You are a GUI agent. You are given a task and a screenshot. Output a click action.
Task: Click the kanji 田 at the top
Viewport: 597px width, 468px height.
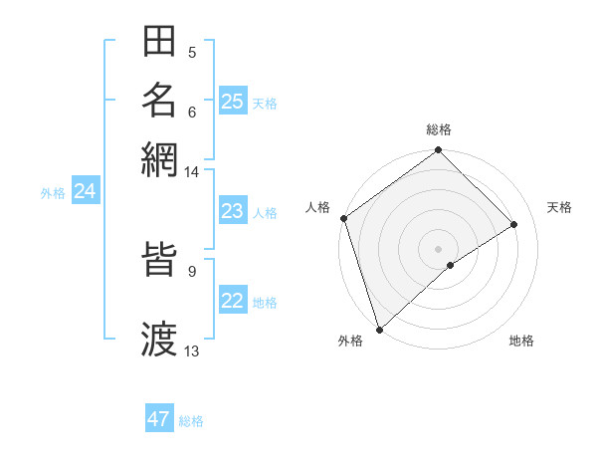[159, 43]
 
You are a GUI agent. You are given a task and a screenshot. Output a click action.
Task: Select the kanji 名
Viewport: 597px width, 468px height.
[159, 100]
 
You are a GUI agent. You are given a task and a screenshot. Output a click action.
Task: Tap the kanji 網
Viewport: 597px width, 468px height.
[159, 157]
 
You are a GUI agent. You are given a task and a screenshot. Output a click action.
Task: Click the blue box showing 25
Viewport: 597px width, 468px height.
[232, 101]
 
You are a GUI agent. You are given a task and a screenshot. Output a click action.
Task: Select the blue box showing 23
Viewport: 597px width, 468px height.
[232, 211]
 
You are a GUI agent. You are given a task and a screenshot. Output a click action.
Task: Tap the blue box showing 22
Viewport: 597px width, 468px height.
[232, 302]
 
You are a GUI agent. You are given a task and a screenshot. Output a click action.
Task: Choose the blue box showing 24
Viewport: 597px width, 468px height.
[85, 191]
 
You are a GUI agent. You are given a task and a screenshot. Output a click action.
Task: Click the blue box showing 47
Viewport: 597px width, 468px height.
[159, 419]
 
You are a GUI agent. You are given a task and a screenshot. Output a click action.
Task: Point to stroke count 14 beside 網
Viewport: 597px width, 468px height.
[191, 172]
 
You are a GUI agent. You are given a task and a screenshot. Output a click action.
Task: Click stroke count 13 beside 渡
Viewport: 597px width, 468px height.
[191, 351]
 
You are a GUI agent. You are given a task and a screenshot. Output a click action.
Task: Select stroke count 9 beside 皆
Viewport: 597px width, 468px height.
[191, 270]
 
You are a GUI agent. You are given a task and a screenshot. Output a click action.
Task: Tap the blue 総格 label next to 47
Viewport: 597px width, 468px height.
[191, 421]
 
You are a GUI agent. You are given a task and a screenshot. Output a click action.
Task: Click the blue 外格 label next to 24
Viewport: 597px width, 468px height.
[53, 193]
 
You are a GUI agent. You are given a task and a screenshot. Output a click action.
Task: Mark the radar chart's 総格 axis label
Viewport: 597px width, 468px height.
[439, 129]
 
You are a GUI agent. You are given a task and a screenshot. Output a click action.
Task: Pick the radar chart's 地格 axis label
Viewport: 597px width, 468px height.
[521, 342]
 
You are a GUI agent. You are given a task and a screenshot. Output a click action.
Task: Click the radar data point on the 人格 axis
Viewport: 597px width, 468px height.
[343, 218]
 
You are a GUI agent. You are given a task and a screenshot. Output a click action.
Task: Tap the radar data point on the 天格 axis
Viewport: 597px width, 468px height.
[514, 224]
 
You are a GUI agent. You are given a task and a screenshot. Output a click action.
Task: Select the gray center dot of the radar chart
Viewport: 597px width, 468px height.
[439, 248]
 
